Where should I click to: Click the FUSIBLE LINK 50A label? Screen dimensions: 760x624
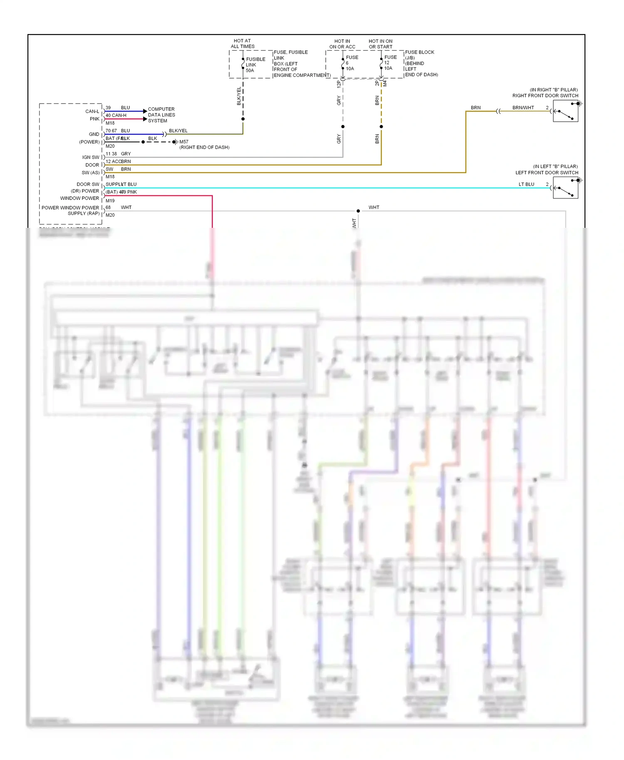[x=255, y=65]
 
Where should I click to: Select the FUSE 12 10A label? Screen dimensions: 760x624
[x=390, y=63]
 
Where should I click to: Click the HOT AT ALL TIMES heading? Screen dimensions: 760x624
[x=243, y=44]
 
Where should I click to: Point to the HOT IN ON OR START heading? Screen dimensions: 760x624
[x=380, y=44]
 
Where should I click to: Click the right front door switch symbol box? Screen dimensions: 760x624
[x=565, y=111]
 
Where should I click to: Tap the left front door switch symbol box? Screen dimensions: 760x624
[x=565, y=188]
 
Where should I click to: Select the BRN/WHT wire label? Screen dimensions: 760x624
[x=523, y=108]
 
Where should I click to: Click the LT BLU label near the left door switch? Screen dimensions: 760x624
[x=526, y=184]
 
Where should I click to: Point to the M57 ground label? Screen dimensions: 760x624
[x=183, y=142]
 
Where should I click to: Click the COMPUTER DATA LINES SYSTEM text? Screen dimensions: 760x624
[x=161, y=115]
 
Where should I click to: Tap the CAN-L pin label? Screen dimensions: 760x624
[x=92, y=111]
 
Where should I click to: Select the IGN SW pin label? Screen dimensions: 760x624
[x=90, y=157]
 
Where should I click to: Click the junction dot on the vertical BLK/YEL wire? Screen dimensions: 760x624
[x=243, y=119]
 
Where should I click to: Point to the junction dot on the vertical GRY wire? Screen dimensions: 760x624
[x=343, y=126]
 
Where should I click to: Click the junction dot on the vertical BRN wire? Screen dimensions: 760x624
[x=381, y=126]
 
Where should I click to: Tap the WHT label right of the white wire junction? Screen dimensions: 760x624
[x=374, y=207]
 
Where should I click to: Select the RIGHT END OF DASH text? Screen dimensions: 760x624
[x=204, y=147]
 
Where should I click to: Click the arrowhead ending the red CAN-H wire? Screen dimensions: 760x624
[x=145, y=119]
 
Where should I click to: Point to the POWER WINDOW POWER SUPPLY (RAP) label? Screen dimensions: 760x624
[x=71, y=210]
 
